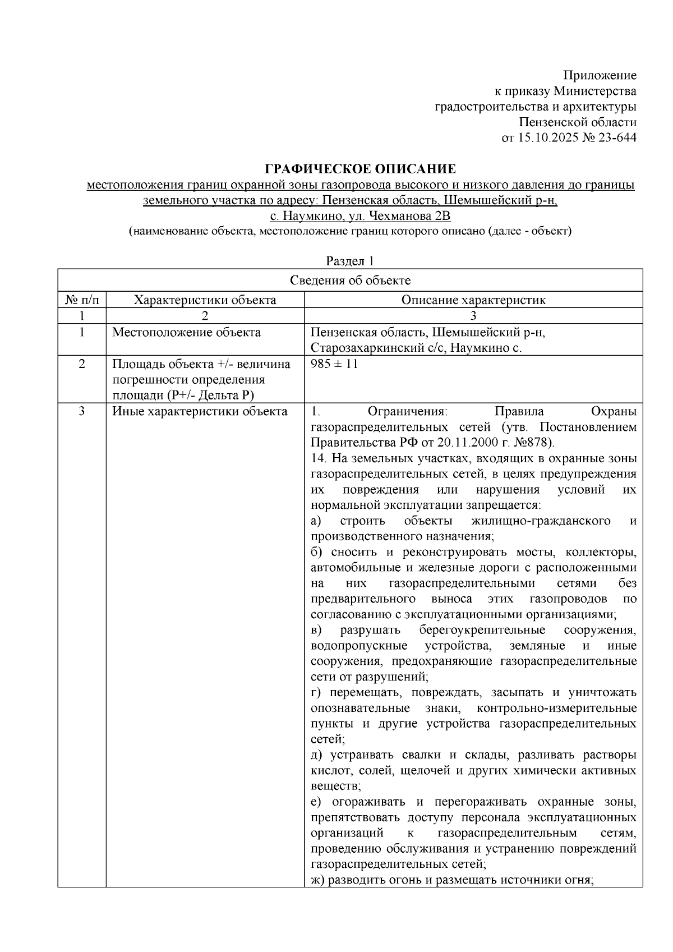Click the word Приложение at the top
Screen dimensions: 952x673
600,75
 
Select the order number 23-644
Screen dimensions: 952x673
617,137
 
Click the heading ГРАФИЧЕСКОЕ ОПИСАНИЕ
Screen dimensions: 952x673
360,168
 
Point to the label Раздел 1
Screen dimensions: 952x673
350,261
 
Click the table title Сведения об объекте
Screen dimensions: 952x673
350,280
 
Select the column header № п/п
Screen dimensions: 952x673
82,300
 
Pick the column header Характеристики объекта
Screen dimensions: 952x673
205,300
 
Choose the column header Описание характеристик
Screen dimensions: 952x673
473,300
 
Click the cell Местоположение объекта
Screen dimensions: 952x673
186,332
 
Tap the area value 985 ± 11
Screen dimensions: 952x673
334,364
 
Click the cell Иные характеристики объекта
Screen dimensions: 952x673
200,411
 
